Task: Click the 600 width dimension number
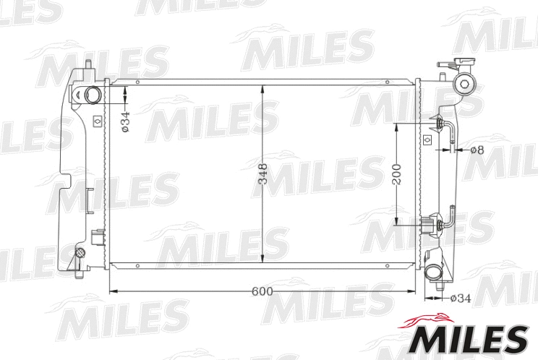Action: tap(262, 291)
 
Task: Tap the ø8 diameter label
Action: tap(477, 150)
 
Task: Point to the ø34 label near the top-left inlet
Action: tap(125, 121)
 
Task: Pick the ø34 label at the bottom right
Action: tap(460, 298)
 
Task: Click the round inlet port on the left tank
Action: tap(93, 95)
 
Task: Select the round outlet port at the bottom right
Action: tap(434, 273)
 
